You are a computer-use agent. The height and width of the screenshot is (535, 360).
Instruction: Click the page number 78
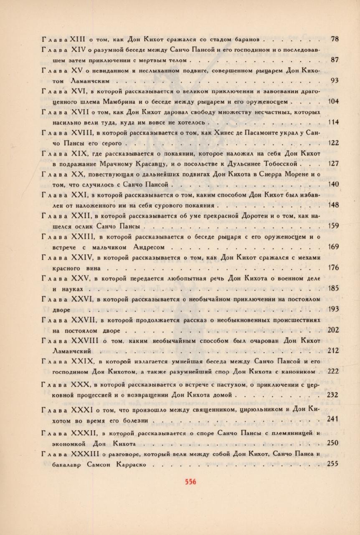tap(334, 39)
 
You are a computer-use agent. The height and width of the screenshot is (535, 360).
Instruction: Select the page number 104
tap(333, 101)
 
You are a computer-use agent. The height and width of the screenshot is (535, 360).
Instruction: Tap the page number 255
tap(333, 463)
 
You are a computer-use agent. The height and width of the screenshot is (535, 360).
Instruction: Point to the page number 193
tap(333, 309)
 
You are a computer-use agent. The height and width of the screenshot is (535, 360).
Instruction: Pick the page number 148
tap(333, 205)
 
